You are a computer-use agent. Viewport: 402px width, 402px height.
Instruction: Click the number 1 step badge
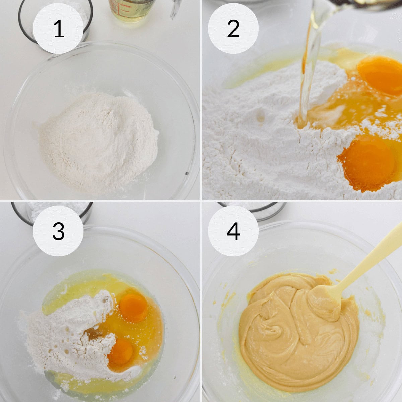pyautogui.click(x=58, y=29)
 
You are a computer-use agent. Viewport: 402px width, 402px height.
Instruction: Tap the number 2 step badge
pyautogui.click(x=233, y=29)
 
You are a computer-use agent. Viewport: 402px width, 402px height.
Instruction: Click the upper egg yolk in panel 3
pyautogui.click(x=133, y=308)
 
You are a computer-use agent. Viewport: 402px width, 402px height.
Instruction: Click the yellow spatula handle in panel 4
pyautogui.click(x=372, y=258)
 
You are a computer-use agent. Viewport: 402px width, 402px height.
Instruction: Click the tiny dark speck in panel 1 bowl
pyautogui.click(x=186, y=173)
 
